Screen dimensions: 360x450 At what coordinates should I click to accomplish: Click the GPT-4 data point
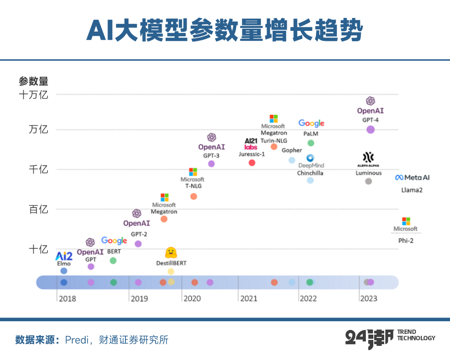click(x=370, y=130)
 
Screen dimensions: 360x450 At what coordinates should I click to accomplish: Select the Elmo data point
click(x=64, y=271)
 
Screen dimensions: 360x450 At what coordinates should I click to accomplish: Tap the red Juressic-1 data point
click(x=252, y=162)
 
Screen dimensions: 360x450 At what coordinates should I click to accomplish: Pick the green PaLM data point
click(x=310, y=143)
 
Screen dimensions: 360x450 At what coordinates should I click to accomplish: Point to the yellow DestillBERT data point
click(x=170, y=271)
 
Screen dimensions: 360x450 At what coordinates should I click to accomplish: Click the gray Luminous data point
click(x=368, y=181)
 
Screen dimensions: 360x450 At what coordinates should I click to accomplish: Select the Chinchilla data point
click(x=310, y=180)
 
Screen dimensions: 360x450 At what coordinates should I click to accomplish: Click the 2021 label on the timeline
click(x=249, y=298)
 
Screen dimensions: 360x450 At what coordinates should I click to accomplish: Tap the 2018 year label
click(x=67, y=298)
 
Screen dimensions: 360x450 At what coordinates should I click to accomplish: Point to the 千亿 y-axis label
click(x=38, y=169)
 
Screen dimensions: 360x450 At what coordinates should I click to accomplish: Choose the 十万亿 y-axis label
click(x=34, y=95)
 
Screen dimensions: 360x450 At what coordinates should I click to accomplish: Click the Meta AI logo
click(x=412, y=177)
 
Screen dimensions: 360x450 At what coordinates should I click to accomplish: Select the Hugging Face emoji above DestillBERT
click(x=171, y=252)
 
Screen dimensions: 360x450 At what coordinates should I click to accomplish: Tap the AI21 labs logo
click(x=251, y=144)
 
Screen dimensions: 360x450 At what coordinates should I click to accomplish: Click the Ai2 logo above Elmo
click(x=64, y=256)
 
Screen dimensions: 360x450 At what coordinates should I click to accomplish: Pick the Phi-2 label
click(x=405, y=241)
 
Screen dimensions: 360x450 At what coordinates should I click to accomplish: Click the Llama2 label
click(x=412, y=190)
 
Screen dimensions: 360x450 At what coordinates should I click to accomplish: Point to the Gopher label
click(x=292, y=150)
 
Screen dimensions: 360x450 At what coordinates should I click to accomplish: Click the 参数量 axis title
click(x=33, y=81)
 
